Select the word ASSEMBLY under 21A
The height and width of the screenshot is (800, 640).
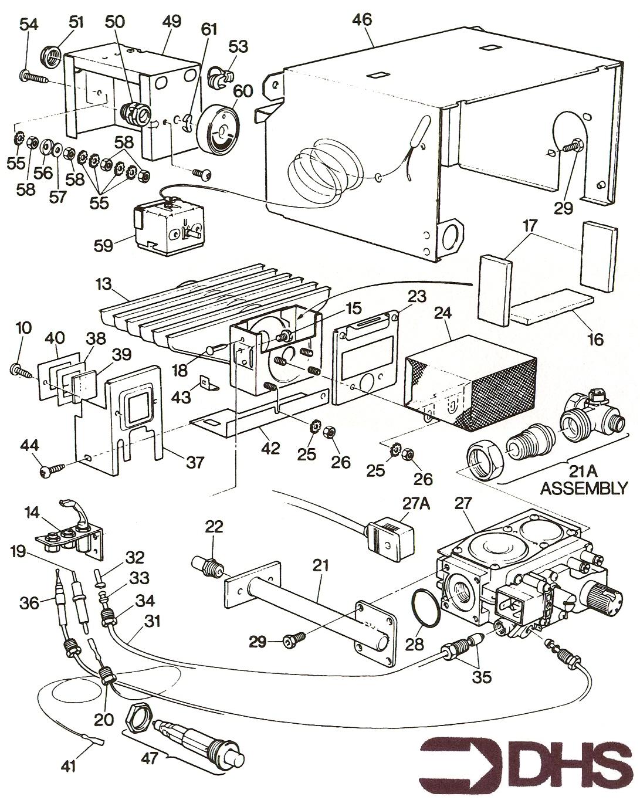tap(583, 488)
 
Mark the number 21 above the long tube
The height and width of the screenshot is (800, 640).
tap(320, 567)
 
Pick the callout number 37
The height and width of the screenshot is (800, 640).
tap(194, 463)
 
